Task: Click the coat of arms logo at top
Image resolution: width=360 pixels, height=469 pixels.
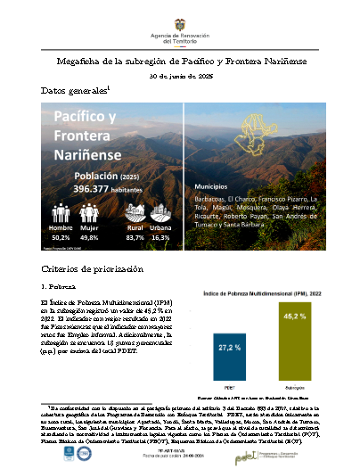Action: (179, 15)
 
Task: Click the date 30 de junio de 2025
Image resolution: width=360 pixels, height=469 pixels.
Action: (180, 76)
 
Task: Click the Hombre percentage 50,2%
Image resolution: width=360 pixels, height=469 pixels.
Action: (61, 238)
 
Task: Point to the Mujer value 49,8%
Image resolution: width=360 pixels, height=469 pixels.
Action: (90, 238)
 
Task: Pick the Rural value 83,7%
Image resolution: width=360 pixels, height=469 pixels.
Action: (135, 238)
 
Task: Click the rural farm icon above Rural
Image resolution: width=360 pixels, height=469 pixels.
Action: (135, 212)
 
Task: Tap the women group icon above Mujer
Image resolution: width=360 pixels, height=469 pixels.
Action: (90, 212)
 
